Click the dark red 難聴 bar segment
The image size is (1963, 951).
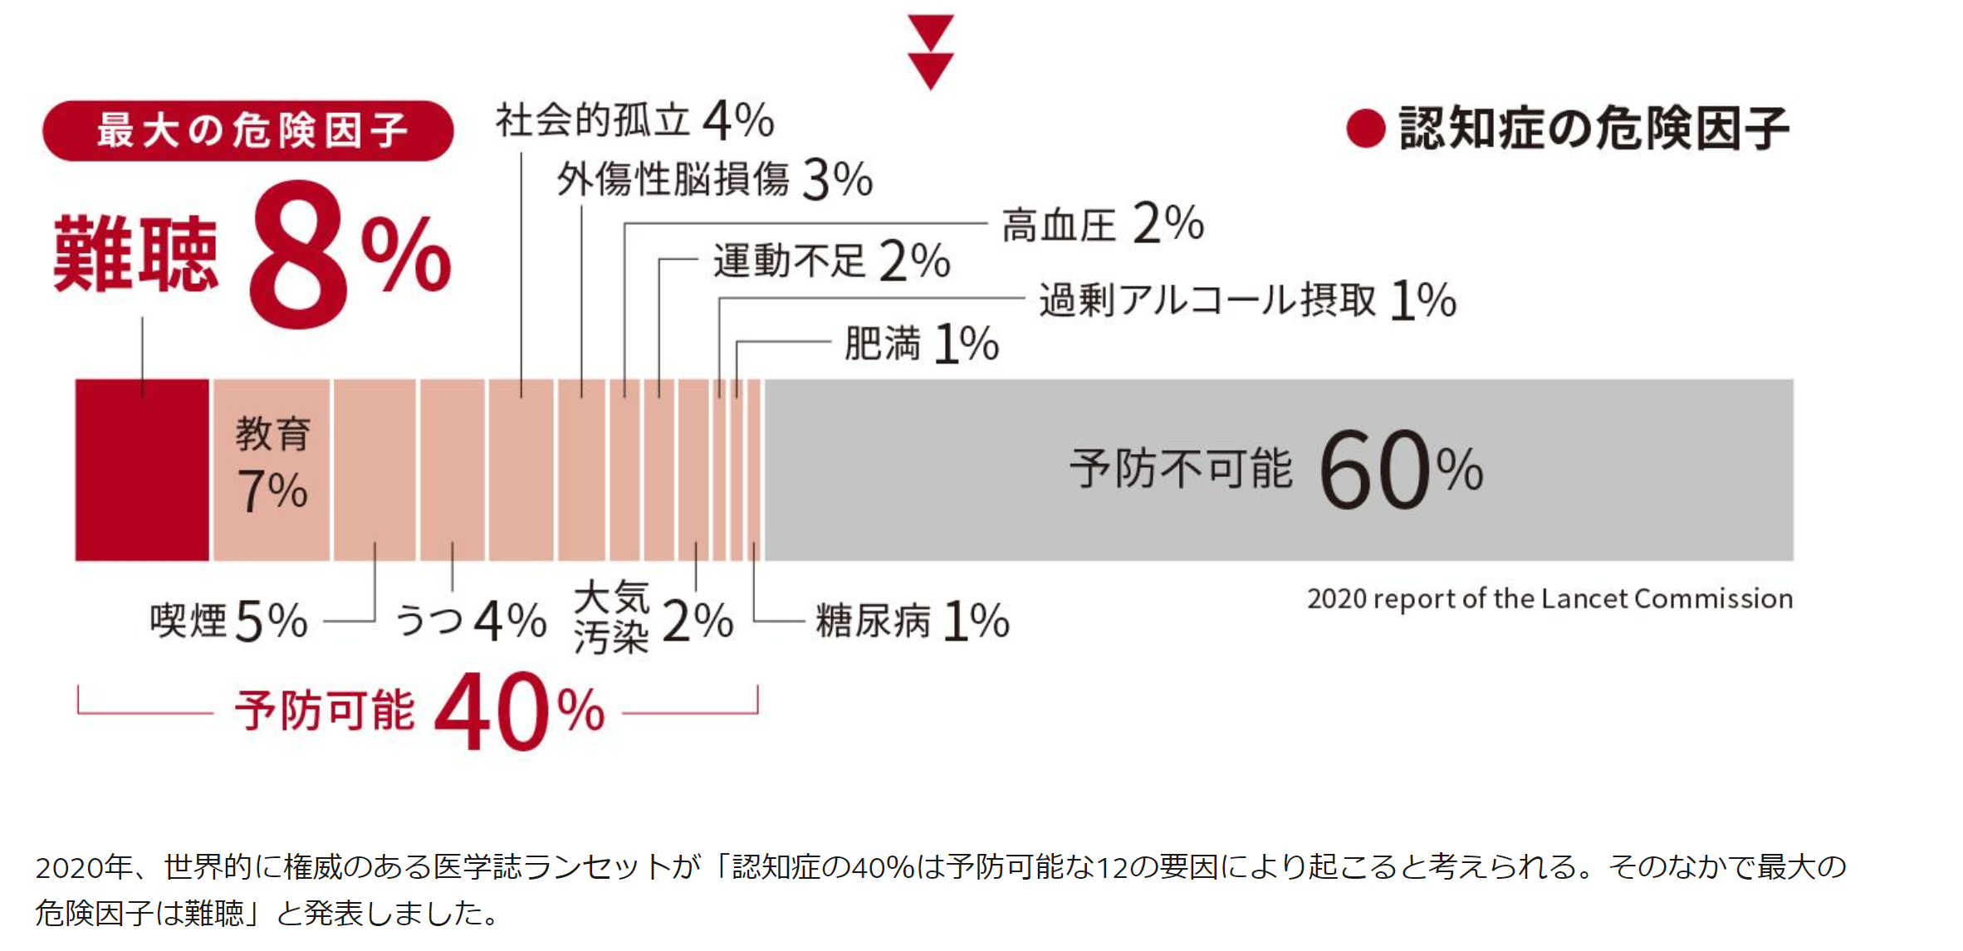pyautogui.click(x=142, y=470)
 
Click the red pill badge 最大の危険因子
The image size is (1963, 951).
pyautogui.click(x=247, y=130)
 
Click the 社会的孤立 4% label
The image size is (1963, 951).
pyautogui.click(x=634, y=120)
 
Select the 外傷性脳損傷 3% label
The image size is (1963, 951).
pyautogui.click(x=714, y=179)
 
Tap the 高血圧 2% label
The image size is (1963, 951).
pyautogui.click(x=1102, y=224)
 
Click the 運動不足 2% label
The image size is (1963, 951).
pyautogui.click(x=831, y=261)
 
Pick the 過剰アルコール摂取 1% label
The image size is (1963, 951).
pyautogui.click(x=1247, y=300)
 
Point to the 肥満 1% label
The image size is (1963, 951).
pyautogui.click(x=921, y=344)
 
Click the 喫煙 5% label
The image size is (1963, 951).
pyautogui.click(x=228, y=621)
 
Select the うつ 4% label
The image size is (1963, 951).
pyautogui.click(x=470, y=621)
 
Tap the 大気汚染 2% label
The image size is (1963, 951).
pyautogui.click(x=653, y=619)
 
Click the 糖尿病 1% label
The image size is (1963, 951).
pyautogui.click(x=912, y=621)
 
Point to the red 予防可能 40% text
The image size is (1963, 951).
pyautogui.click(x=419, y=711)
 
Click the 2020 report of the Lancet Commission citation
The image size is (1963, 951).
pyautogui.click(x=1549, y=598)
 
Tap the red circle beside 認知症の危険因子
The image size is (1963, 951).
pyautogui.click(x=1365, y=129)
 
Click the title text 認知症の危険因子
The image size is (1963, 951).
pyautogui.click(x=1593, y=129)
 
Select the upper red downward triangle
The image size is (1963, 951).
pyautogui.click(x=930, y=32)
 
